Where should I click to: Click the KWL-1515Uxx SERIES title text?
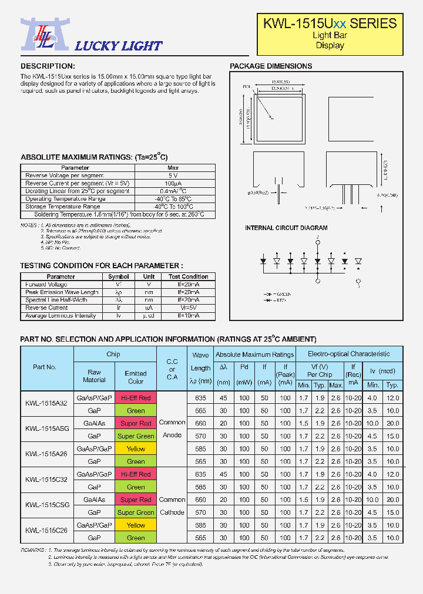[x=330, y=23]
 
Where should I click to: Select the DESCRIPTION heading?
[x=48, y=66]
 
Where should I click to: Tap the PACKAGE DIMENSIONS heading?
[x=271, y=66]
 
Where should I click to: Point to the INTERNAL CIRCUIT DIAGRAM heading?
[x=286, y=228]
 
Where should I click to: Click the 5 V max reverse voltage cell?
[x=173, y=176]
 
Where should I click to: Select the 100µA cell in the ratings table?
[x=173, y=183]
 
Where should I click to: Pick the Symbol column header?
[x=119, y=276]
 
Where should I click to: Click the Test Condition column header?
[x=188, y=276]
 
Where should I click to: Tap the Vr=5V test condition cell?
[x=188, y=308]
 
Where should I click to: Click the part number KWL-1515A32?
[x=46, y=404]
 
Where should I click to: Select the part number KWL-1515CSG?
[x=46, y=505]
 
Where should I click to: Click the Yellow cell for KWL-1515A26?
[x=136, y=449]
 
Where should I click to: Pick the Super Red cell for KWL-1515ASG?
[x=136, y=423]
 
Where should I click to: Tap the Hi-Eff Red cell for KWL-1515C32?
[x=136, y=474]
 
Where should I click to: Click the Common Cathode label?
[x=172, y=505]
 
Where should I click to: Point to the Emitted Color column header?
[x=136, y=377]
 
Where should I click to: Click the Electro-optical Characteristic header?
[x=348, y=354]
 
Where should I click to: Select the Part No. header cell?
[x=45, y=367]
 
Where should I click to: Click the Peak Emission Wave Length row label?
[x=62, y=292]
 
